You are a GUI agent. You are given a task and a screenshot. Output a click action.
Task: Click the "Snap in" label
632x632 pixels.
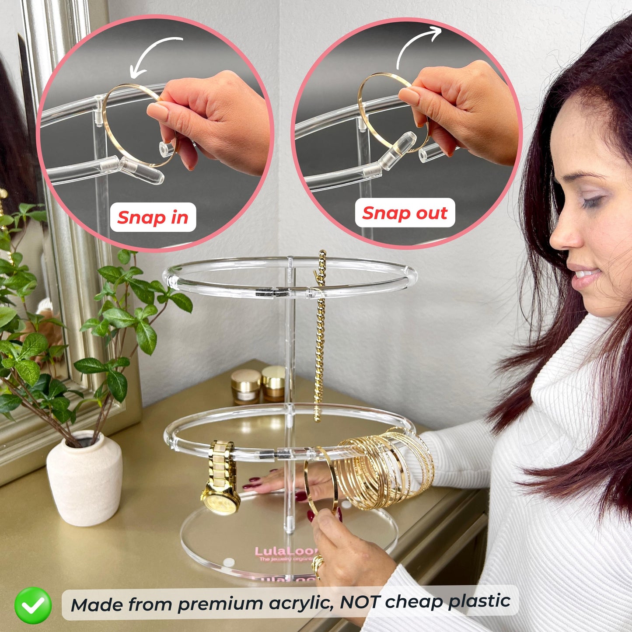pyautogui.click(x=153, y=217)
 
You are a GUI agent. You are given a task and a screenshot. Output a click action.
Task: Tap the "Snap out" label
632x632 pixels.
pyautogui.click(x=405, y=213)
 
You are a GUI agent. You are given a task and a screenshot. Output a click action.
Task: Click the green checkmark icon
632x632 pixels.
pyautogui.click(x=33, y=605)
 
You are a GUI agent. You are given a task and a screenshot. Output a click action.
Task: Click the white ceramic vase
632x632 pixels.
pyautogui.click(x=85, y=478)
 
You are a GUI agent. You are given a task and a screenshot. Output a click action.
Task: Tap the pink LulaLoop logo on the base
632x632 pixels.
pyautogui.click(x=287, y=552)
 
